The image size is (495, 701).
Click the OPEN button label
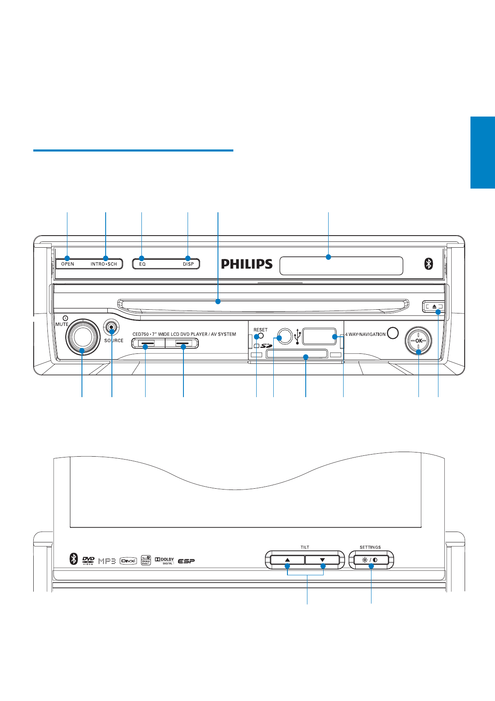click(x=68, y=264)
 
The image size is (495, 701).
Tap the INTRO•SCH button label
click(x=104, y=264)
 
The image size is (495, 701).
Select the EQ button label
click(x=142, y=264)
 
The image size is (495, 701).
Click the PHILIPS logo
click(x=247, y=264)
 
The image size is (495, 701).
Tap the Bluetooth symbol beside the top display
click(x=428, y=263)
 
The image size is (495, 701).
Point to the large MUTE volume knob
click(x=82, y=336)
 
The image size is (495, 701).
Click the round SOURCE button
click(x=111, y=328)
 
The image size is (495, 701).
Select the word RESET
click(x=261, y=330)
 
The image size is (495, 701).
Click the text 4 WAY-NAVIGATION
click(x=366, y=334)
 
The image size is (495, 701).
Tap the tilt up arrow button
click(x=287, y=560)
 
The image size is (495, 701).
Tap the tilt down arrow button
click(x=322, y=560)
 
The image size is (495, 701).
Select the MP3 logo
click(x=107, y=561)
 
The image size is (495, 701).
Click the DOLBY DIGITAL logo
click(x=164, y=561)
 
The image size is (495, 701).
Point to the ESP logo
click(x=186, y=561)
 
